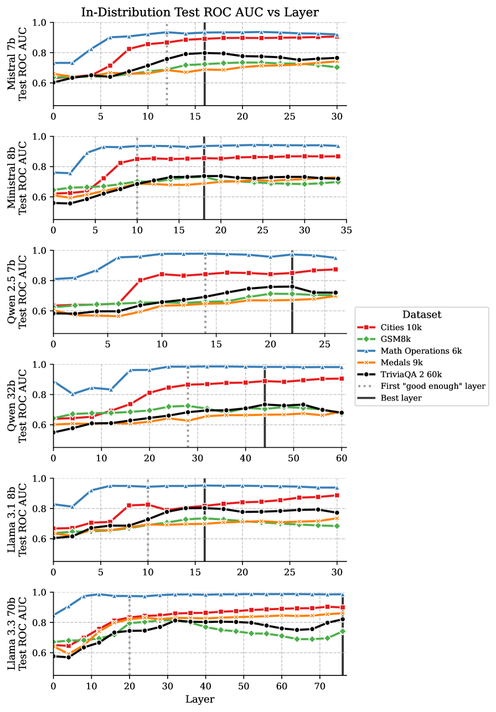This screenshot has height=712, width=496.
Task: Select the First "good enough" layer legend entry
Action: pyautogui.click(x=433, y=386)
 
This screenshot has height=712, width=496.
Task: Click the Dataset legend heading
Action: pyautogui.click(x=422, y=315)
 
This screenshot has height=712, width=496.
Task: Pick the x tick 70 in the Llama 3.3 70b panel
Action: pyautogui.click(x=319, y=685)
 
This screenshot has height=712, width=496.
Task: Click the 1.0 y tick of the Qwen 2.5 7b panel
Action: pyautogui.click(x=42, y=251)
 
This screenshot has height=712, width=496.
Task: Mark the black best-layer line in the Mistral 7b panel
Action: pyautogui.click(x=204, y=83)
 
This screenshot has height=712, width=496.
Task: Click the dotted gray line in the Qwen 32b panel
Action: pyautogui.click(x=188, y=420)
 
